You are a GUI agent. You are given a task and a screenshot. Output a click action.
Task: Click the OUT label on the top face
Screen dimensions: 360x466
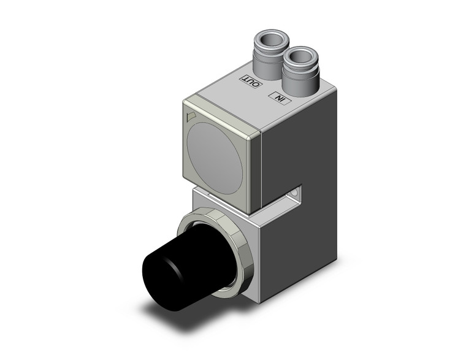(251, 80)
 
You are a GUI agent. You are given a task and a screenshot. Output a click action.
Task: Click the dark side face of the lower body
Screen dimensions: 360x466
(300, 245)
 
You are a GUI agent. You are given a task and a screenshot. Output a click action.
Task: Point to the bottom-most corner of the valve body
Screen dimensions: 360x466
(261, 301)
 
